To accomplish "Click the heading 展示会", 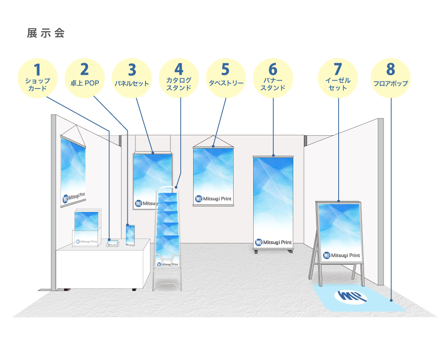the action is (x=46, y=33).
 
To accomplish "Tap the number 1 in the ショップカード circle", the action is (x=37, y=70).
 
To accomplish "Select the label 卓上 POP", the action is (x=85, y=83).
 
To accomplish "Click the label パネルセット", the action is (x=132, y=83).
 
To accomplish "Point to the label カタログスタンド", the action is (x=179, y=84).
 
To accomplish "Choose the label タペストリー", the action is (x=226, y=83).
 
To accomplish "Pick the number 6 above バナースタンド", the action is (x=273, y=69).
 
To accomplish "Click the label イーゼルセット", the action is (x=338, y=84).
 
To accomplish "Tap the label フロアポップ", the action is (x=391, y=83).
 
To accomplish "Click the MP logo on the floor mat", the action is (x=351, y=296).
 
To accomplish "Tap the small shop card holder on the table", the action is (x=113, y=243).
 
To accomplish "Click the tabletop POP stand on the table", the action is (x=130, y=235).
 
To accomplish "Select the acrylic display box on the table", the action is (x=86, y=228).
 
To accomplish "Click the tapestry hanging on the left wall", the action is (x=73, y=171).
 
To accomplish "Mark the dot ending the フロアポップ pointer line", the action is (x=391, y=300).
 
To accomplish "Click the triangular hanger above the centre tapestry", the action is (x=213, y=142).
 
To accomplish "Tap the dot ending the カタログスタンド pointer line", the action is (x=176, y=187).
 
